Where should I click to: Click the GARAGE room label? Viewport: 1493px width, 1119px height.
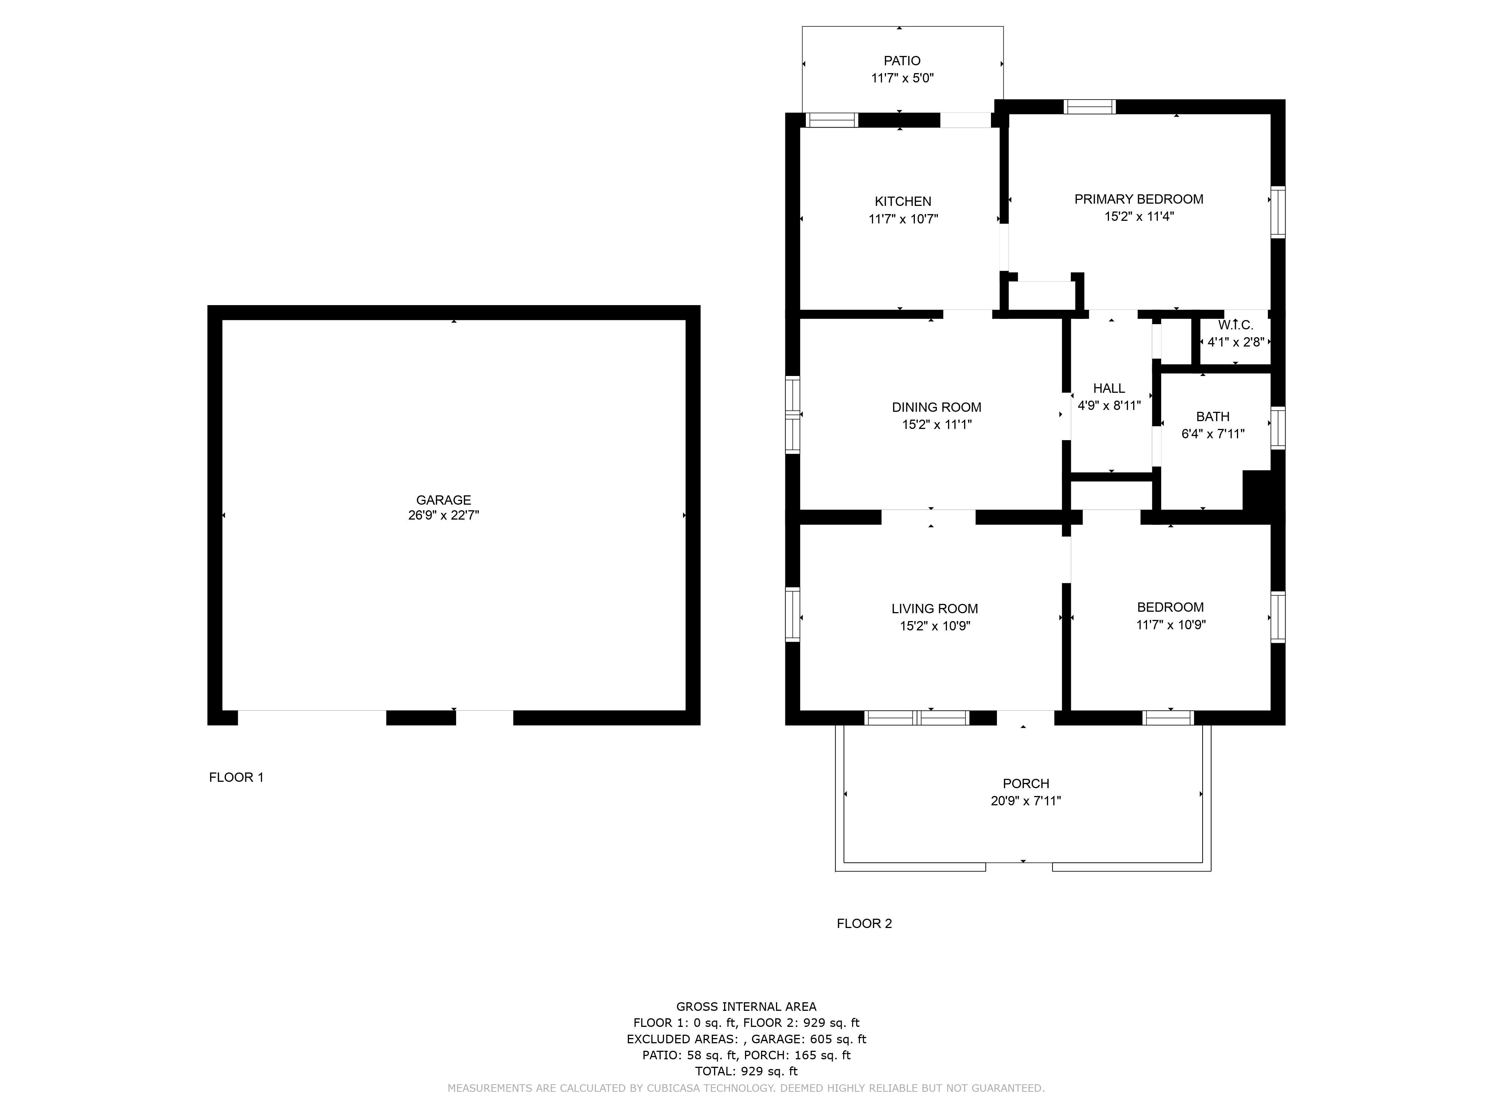[443, 500]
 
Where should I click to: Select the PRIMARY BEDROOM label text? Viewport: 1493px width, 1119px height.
[1139, 199]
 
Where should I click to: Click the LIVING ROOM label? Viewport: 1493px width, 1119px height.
[935, 608]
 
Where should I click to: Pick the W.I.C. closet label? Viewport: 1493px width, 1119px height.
[1236, 325]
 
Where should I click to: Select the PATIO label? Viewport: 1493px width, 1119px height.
[903, 61]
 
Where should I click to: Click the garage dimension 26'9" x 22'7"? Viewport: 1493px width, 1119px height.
[443, 515]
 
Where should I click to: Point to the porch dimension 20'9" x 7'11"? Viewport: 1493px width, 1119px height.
[1026, 800]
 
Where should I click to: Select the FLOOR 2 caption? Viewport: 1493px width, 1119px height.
[864, 924]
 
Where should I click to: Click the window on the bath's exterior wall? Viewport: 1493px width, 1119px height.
[1278, 427]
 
